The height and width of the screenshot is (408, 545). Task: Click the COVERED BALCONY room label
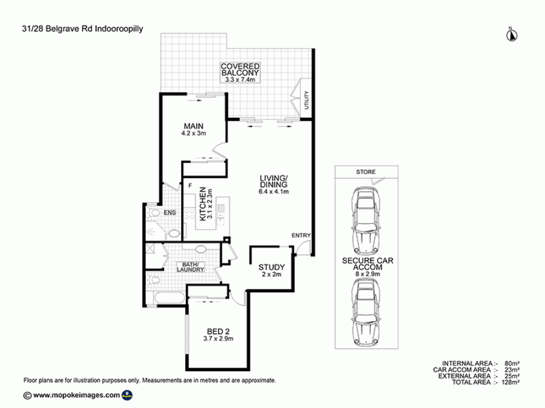[240, 70]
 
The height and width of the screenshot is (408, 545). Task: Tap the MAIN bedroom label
[194, 126]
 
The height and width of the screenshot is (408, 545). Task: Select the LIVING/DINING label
[274, 181]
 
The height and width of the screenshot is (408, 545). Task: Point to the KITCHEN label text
[202, 204]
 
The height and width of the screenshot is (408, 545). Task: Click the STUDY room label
[271, 267]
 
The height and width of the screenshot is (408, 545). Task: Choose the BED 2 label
[218, 332]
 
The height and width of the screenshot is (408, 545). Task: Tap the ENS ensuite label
[170, 213]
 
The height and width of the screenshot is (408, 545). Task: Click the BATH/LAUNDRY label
[190, 267]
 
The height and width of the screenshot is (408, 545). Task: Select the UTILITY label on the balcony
[306, 100]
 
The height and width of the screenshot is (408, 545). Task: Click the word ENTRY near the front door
[301, 236]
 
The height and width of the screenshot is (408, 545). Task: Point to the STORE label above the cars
[366, 172]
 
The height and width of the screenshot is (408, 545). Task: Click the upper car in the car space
[365, 221]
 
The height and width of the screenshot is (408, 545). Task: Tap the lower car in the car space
[366, 311]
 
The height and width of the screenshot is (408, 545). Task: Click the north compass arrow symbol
[512, 34]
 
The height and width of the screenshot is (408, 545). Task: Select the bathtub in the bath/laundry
[168, 298]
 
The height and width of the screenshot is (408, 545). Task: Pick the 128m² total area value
[511, 383]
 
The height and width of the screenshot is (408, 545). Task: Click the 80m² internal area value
[512, 364]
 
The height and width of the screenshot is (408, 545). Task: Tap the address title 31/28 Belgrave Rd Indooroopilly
[82, 29]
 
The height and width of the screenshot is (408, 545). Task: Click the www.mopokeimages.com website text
[77, 395]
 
